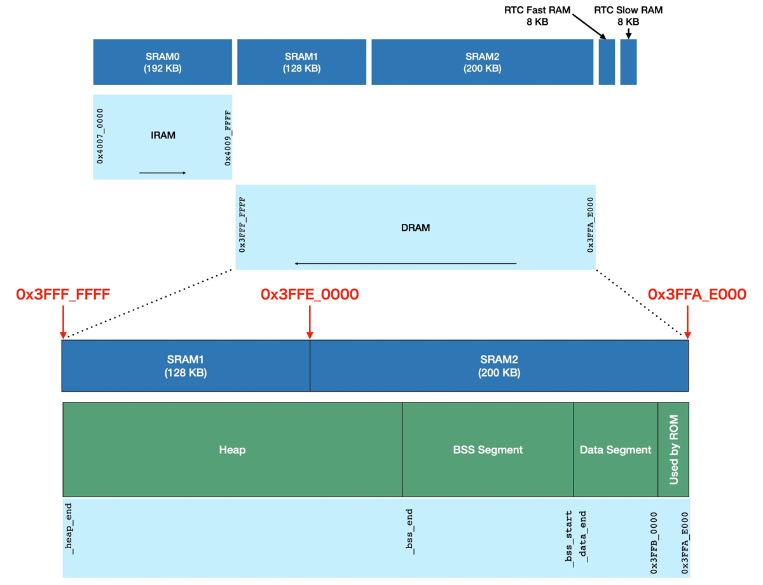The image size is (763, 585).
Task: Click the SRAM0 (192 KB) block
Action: [x=162, y=62]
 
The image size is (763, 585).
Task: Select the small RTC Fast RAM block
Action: [x=607, y=62]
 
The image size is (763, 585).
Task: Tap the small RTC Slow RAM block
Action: [x=628, y=62]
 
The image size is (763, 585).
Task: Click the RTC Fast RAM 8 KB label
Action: [x=537, y=16]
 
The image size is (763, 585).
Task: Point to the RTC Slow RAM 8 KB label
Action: [x=628, y=16]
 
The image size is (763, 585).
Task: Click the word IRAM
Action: [x=163, y=135]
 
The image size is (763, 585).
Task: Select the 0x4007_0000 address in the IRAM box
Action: [x=100, y=136]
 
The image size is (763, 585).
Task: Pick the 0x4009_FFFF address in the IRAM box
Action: [x=228, y=138]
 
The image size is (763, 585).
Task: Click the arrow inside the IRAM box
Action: [x=163, y=173]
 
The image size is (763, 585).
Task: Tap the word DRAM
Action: [x=415, y=228]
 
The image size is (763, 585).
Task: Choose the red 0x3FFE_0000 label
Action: [x=310, y=294]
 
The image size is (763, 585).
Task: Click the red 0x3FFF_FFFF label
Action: [x=63, y=294]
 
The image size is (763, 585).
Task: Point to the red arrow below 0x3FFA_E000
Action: [x=687, y=321]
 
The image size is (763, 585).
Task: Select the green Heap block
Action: [x=232, y=450]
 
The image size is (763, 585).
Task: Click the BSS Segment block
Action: [x=488, y=450]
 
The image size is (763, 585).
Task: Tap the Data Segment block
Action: [x=615, y=450]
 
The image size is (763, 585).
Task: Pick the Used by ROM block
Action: [x=674, y=450]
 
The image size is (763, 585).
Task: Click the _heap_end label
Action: [x=69, y=528]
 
